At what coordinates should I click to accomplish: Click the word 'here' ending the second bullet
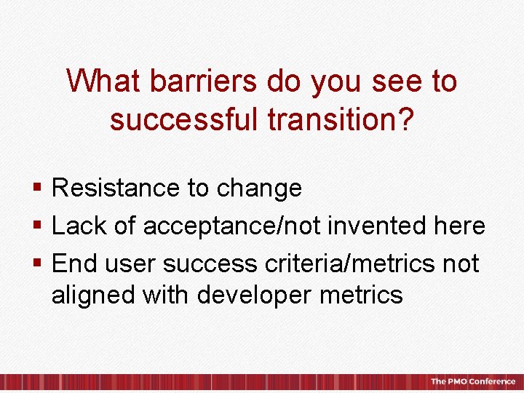(458, 226)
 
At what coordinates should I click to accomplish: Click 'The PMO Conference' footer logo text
(472, 381)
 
